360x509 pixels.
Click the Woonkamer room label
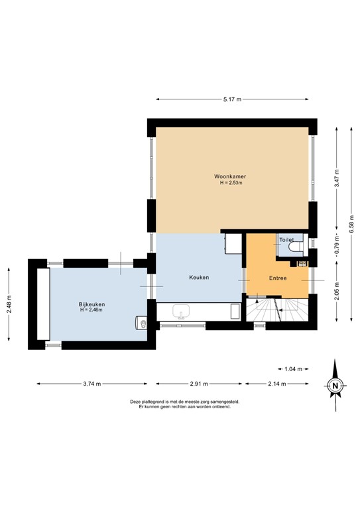click(x=231, y=176)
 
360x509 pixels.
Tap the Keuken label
click(x=200, y=278)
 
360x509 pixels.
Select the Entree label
click(x=277, y=278)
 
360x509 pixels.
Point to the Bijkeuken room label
click(x=91, y=304)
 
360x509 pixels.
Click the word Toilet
click(x=286, y=239)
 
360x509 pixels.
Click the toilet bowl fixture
click(x=296, y=248)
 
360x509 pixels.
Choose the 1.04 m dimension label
click(x=292, y=368)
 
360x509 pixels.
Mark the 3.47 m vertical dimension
click(x=337, y=178)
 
